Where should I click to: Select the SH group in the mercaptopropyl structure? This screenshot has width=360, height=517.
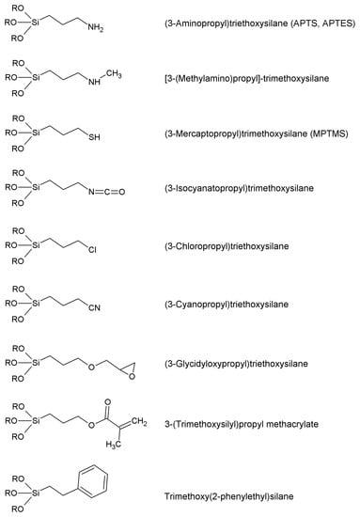[x=91, y=138]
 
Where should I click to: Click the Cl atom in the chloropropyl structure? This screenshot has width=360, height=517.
[x=92, y=251]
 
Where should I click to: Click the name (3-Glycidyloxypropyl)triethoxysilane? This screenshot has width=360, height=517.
[x=243, y=363]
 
